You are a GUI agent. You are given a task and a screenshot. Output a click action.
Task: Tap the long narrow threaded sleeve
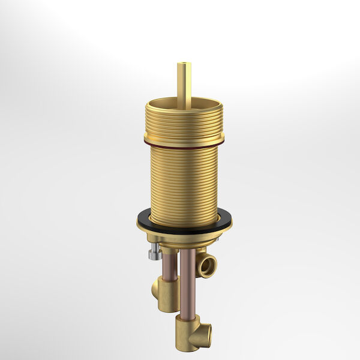(x=184, y=180)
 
